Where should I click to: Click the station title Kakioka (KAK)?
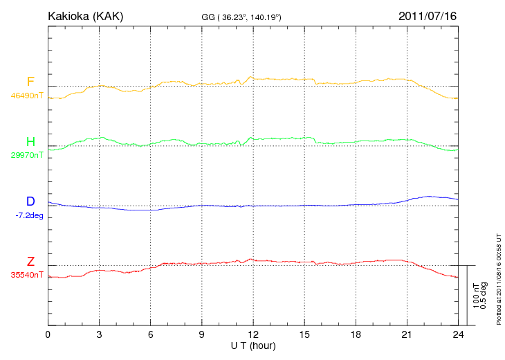(85, 15)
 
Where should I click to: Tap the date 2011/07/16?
(428, 15)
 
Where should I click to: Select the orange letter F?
(30, 82)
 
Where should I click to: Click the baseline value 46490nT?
(27, 96)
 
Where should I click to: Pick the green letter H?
(30, 143)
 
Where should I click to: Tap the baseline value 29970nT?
(27, 155)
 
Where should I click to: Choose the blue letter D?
(30, 201)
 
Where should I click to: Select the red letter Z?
(30, 262)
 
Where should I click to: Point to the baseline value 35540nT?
(27, 275)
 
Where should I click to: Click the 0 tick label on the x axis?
(48, 335)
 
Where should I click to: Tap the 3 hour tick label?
(99, 335)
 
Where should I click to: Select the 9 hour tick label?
(201, 335)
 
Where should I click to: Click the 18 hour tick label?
(356, 335)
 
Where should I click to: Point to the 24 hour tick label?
(458, 335)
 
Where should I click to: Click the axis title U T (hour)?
(252, 345)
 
